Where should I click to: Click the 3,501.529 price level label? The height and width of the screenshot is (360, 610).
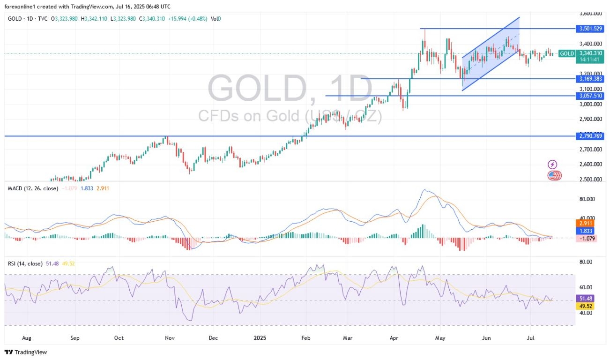(592, 29)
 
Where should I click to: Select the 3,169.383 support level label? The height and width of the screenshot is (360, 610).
(592, 78)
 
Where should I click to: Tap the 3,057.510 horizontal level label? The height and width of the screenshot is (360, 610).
(592, 96)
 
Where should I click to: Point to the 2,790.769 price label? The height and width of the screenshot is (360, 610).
(592, 136)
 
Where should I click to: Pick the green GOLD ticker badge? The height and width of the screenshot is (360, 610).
(567, 53)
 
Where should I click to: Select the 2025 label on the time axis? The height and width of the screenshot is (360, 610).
(259, 337)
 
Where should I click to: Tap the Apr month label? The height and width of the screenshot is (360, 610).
(394, 337)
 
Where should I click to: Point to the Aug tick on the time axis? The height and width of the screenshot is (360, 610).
(26, 337)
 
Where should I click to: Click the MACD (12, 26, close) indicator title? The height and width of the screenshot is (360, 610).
(33, 188)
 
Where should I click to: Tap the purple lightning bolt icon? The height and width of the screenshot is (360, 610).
(552, 165)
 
